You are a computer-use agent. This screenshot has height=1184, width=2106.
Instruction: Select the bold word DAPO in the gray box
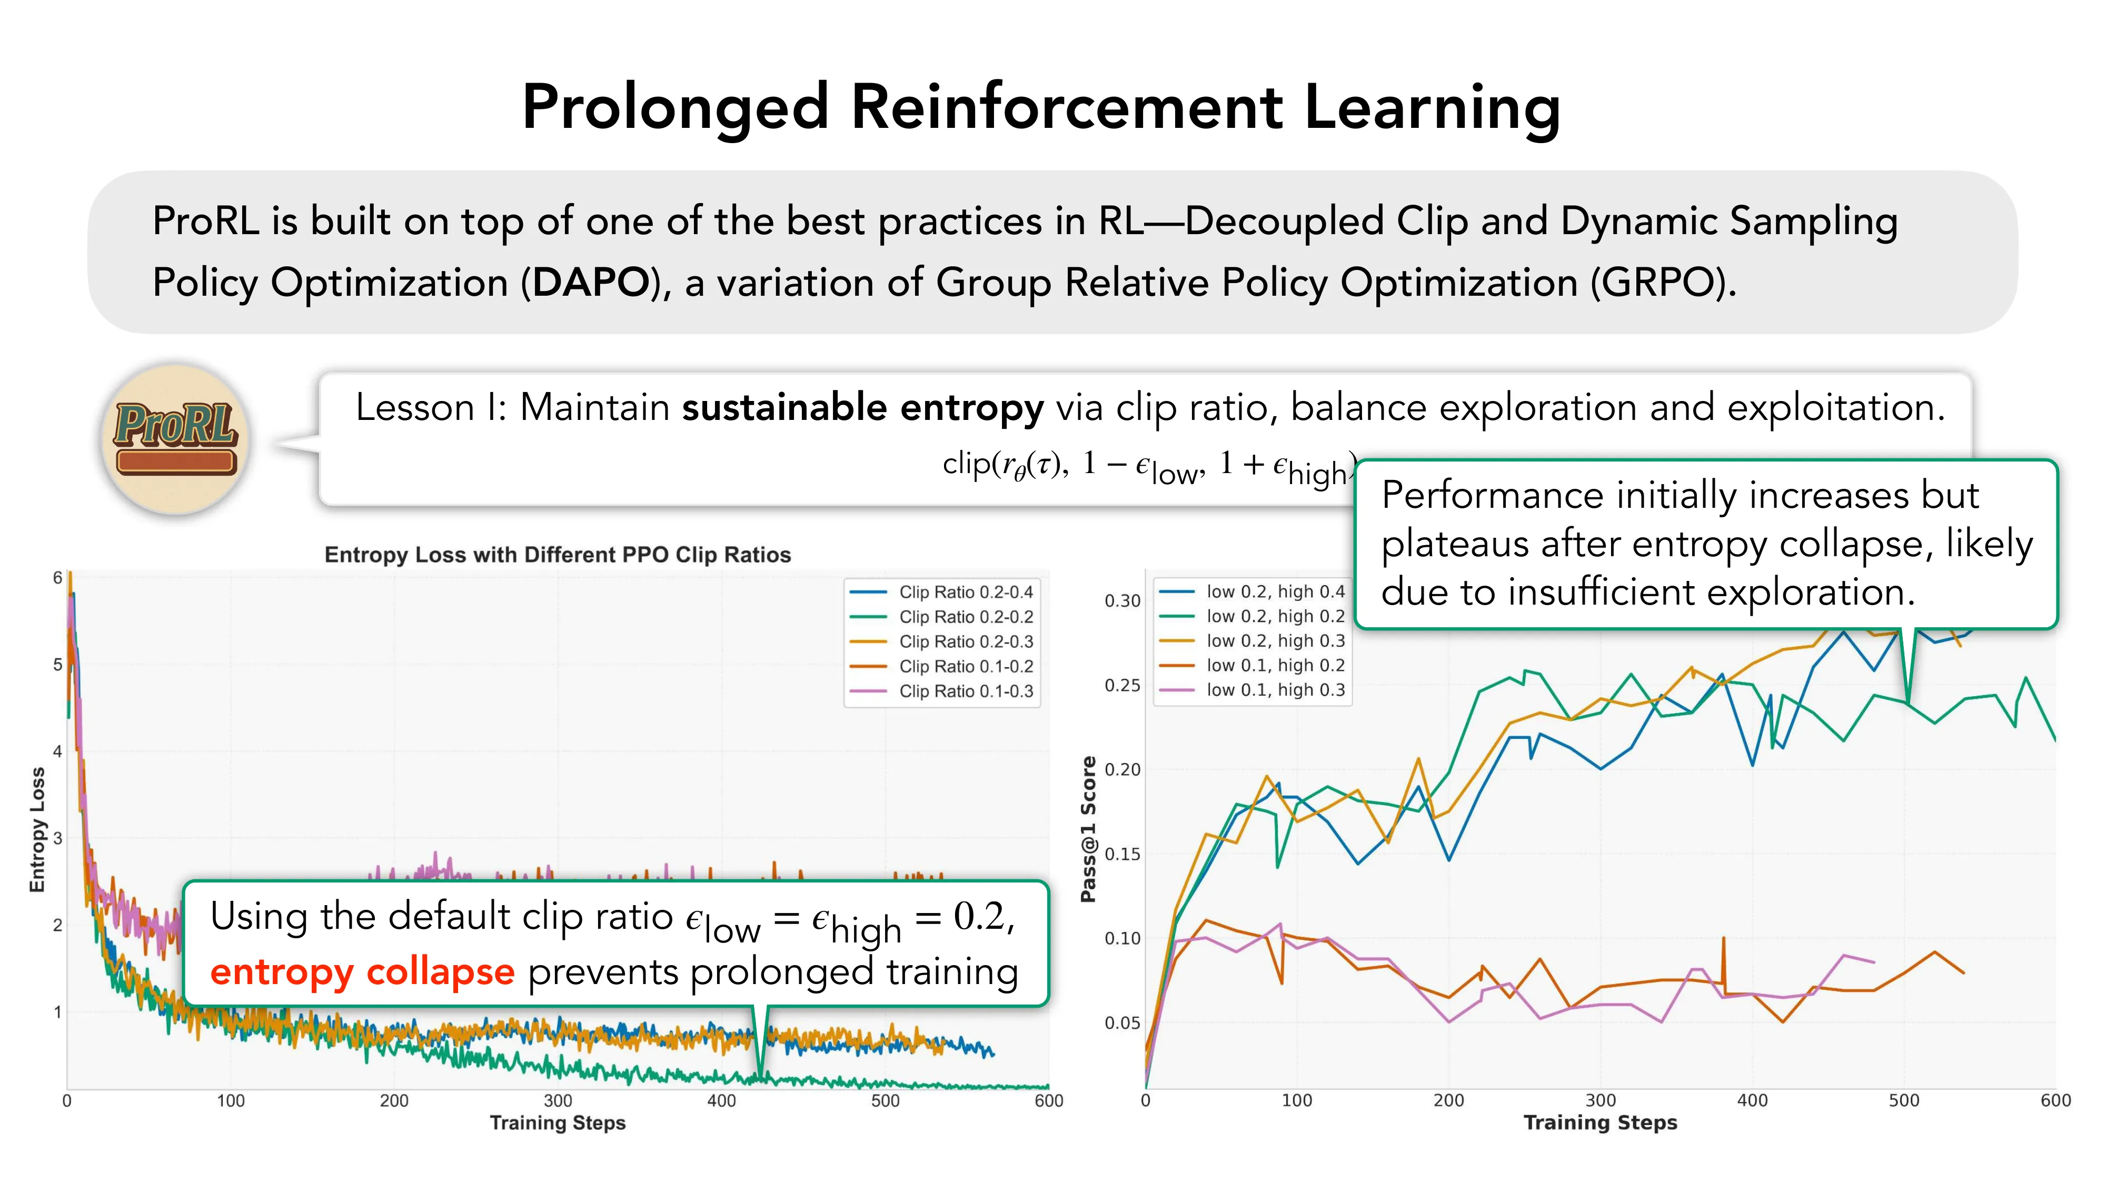590,283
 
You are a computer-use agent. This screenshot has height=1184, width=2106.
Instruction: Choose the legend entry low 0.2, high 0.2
1275,616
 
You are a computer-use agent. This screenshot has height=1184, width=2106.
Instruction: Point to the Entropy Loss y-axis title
37,829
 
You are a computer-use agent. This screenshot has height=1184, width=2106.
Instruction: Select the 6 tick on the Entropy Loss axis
57,578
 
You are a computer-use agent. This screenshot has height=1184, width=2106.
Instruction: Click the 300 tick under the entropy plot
558,1101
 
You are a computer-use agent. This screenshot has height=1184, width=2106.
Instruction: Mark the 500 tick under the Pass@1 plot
1903,1101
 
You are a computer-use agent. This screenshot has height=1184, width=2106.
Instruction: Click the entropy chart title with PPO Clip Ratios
558,555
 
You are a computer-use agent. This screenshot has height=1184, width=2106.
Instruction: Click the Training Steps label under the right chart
1600,1123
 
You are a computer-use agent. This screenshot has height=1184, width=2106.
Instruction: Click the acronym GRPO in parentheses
1659,283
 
